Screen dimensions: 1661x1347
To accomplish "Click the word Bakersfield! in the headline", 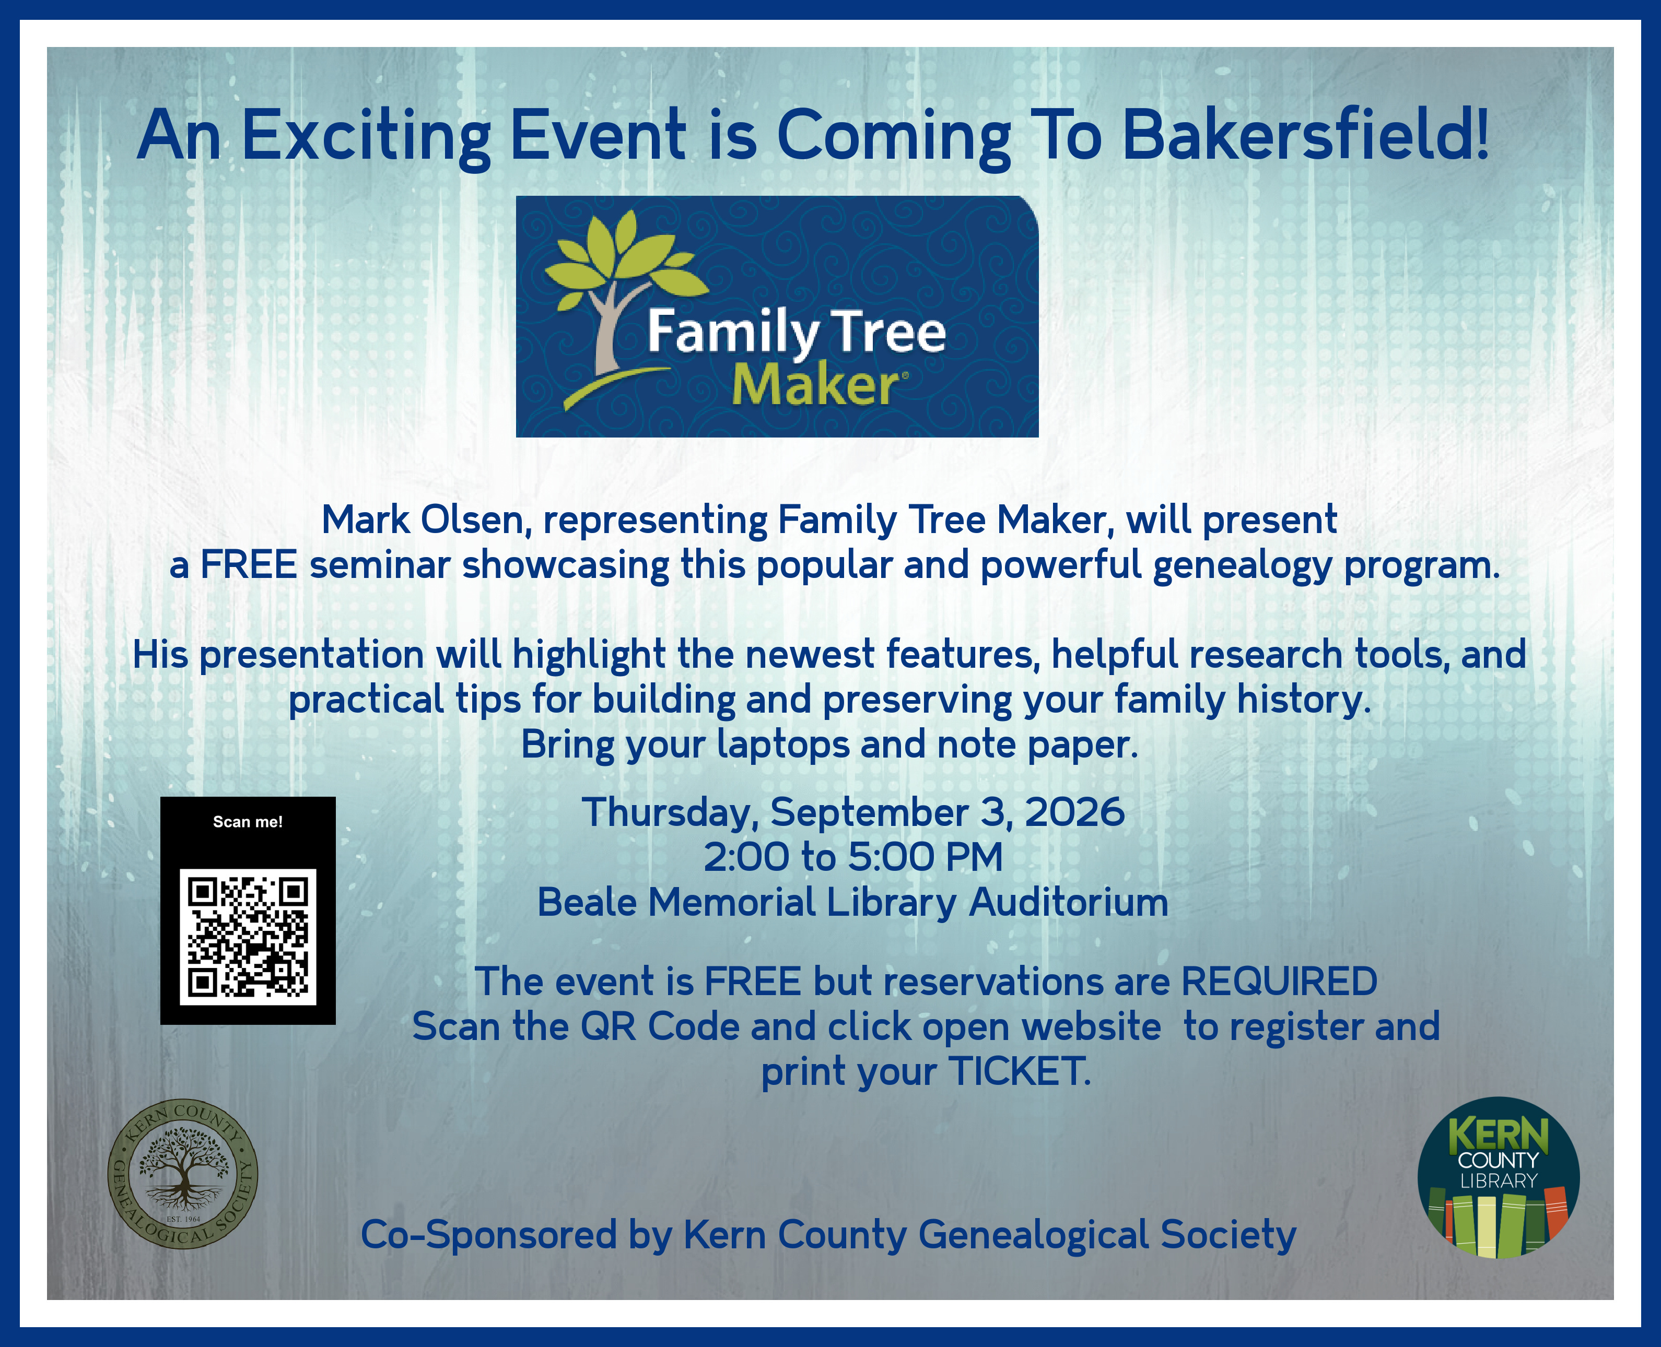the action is [1305, 134].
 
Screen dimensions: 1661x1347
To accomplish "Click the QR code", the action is [248, 937].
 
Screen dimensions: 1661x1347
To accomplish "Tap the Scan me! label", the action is [248, 822].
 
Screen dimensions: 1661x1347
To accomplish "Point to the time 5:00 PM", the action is [925, 857].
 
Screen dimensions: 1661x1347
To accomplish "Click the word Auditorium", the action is [1068, 902].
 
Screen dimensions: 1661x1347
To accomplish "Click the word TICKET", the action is [1020, 1071].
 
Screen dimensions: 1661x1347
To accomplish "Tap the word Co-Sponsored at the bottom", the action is [489, 1235].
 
